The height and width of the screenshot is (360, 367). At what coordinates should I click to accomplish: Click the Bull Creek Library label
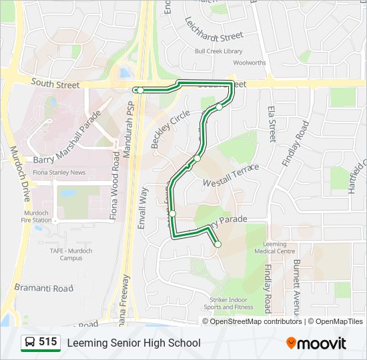pos(218,51)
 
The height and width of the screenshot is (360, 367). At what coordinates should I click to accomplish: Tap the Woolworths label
pos(250,63)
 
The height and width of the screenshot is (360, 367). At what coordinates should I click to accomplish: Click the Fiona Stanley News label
pos(59,173)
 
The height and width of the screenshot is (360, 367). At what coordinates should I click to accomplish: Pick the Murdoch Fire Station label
pos(36,217)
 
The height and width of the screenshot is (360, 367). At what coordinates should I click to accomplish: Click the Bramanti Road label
pos(44,288)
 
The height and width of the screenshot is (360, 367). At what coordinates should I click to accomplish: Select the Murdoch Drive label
pos(20,173)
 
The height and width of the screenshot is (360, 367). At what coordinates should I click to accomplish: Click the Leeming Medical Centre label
pos(274,247)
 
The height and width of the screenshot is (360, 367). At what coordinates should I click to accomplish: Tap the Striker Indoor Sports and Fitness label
pos(228,303)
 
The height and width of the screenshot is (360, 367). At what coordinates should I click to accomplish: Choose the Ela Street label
pos(272,123)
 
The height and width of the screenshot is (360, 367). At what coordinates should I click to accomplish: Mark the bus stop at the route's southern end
pos(218,245)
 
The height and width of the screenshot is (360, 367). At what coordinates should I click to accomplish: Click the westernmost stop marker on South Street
pos(140,90)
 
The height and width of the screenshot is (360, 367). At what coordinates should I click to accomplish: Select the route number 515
pos(48,342)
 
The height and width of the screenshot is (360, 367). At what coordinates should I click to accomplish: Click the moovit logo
pos(316,343)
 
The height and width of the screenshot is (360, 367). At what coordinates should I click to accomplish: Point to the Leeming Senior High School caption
pos(133,343)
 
